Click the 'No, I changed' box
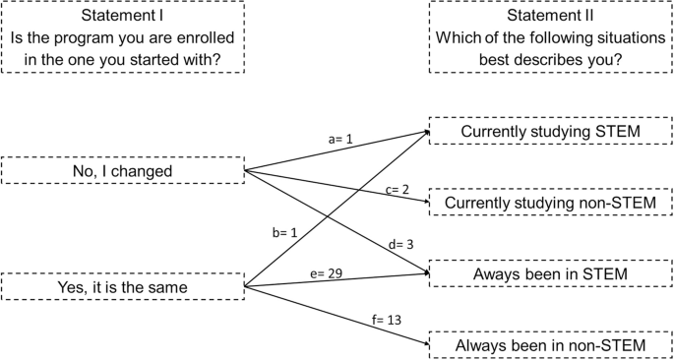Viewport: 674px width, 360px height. [123, 170]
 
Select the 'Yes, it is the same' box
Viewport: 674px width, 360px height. [123, 287]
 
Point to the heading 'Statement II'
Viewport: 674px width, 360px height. [549, 16]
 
